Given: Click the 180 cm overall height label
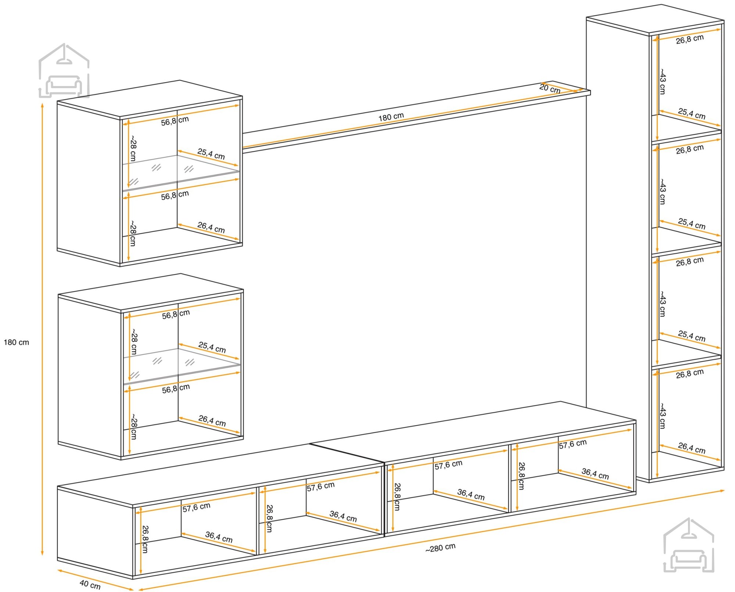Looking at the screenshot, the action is click(16, 342).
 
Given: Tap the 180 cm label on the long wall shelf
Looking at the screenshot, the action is click(391, 117).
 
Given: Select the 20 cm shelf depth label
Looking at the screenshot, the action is click(550, 88).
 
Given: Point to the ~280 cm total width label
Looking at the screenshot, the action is click(440, 548).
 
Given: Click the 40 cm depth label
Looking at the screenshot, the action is click(90, 584).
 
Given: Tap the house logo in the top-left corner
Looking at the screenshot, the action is click(64, 71).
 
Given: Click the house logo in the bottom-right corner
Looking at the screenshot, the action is click(689, 545).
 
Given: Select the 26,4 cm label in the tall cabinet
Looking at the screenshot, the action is click(692, 448).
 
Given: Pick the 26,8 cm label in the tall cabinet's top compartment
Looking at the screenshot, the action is click(690, 39).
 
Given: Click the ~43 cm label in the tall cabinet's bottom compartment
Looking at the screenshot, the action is click(662, 416).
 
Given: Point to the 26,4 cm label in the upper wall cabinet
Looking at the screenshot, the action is click(211, 227).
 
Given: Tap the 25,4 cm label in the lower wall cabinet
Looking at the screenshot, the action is click(212, 347).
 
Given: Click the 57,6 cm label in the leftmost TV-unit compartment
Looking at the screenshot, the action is click(197, 507).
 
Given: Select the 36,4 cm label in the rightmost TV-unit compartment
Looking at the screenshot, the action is click(595, 474).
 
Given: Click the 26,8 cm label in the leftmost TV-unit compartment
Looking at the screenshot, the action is click(145, 539).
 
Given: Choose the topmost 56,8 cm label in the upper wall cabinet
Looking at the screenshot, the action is click(175, 121).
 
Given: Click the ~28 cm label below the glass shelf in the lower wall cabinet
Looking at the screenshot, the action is click(134, 427).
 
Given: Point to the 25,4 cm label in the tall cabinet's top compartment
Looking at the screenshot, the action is click(692, 114).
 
